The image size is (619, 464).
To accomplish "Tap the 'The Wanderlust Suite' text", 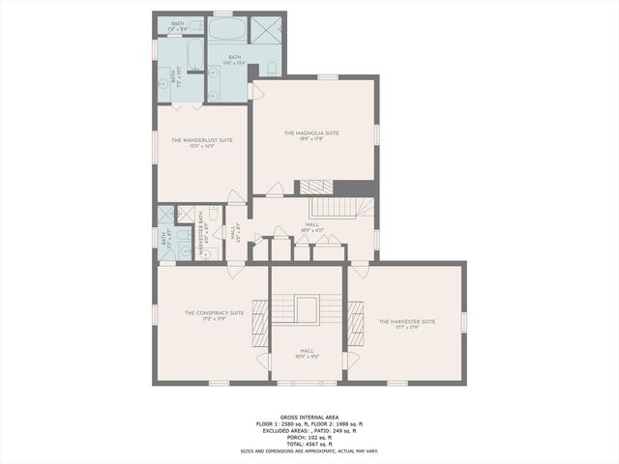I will (x=202, y=140).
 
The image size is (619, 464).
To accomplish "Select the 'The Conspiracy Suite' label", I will (x=214, y=312).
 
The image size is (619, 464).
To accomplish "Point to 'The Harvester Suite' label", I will (x=406, y=321).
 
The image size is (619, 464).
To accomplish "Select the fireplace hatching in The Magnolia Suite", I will (x=315, y=187).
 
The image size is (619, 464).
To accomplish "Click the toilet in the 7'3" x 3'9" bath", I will (x=195, y=24).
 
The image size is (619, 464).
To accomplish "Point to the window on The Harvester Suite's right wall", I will (x=464, y=320).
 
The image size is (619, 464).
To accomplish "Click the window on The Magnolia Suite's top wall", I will (x=329, y=76).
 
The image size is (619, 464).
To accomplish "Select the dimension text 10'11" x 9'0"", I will (x=308, y=357).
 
